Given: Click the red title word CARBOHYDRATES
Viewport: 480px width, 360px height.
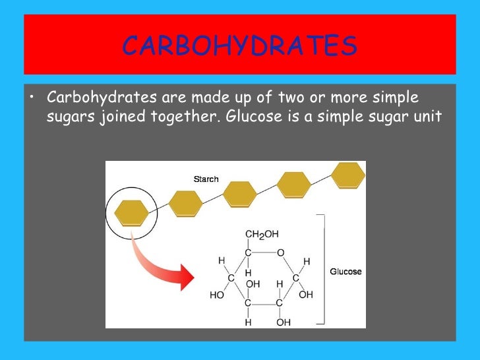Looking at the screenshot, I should point(240,46).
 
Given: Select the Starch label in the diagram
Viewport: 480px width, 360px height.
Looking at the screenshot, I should point(206,179).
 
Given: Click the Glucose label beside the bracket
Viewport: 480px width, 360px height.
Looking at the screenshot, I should point(345,272).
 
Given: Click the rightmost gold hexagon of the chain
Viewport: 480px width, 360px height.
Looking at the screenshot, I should point(347,174).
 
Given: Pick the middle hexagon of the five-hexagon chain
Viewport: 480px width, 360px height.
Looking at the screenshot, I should point(239,194).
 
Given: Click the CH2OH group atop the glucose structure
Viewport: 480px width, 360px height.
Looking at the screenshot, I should point(261,234).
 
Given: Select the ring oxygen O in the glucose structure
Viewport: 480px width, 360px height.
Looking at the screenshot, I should point(280,252).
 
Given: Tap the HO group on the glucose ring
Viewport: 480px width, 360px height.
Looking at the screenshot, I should point(217,295).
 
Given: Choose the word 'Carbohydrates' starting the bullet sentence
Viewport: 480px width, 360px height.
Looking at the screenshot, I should point(99,98).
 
